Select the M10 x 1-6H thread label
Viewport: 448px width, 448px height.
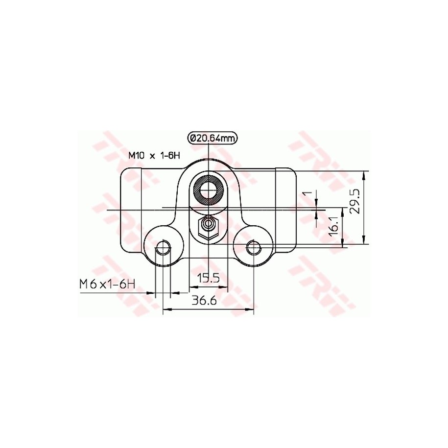point(154,155)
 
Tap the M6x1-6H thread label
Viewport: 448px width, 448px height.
point(107,284)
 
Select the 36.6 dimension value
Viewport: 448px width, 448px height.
point(204,300)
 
